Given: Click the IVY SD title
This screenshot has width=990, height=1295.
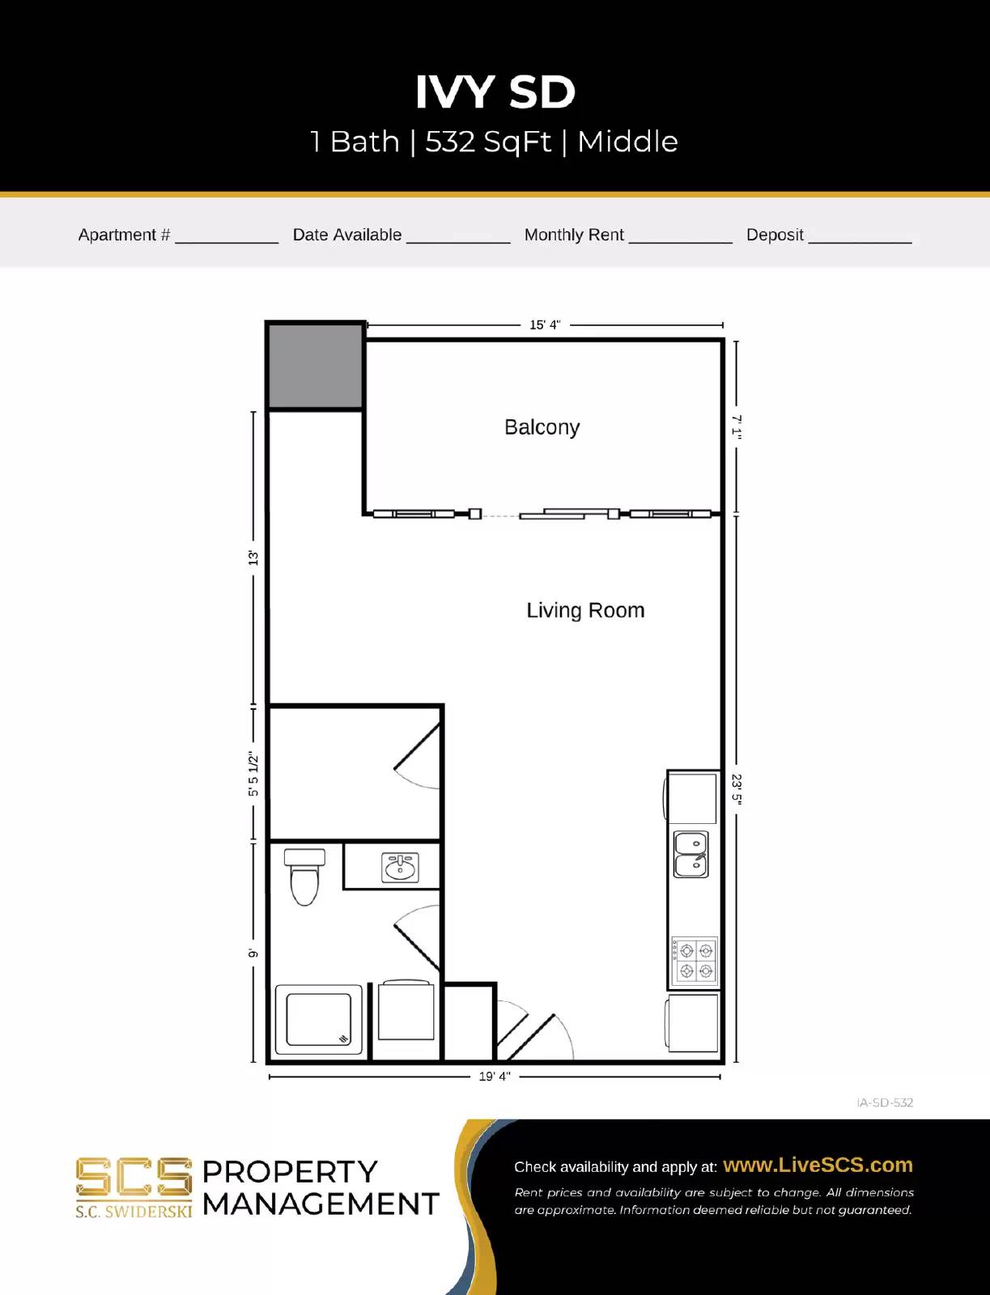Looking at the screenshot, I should (495, 91).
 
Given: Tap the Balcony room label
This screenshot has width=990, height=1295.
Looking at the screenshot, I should (542, 427).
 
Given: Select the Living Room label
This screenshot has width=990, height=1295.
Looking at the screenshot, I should (585, 610).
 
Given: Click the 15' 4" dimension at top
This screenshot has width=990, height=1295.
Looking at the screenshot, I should (545, 325).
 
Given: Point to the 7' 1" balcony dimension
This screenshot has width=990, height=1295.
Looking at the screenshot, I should (737, 427).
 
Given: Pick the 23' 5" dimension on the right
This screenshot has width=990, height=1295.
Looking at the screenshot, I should (737, 788).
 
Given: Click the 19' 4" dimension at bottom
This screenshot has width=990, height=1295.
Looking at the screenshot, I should (495, 1076).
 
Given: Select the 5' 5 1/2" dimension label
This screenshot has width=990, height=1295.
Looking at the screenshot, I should (253, 775).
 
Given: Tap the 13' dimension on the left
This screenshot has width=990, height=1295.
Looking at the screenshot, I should (253, 558).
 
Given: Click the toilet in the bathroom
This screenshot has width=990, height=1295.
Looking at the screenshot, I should (304, 876).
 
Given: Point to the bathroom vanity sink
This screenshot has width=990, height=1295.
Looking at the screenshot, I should (400, 868).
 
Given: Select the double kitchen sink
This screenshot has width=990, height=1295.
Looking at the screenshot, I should (691, 855).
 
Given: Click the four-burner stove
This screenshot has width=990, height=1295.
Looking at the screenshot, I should (695, 960).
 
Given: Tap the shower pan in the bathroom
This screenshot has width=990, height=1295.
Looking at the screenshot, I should (318, 1019).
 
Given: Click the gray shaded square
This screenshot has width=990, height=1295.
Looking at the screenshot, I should (315, 366).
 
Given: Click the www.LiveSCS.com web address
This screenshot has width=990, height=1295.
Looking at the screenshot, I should (818, 1165).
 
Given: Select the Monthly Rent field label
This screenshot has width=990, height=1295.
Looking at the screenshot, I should (574, 235).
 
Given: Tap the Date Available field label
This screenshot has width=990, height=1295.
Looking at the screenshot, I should (346, 235).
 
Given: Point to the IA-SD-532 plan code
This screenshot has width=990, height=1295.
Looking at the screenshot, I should (885, 1102).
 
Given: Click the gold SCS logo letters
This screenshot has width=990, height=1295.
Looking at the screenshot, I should (134, 1178).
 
